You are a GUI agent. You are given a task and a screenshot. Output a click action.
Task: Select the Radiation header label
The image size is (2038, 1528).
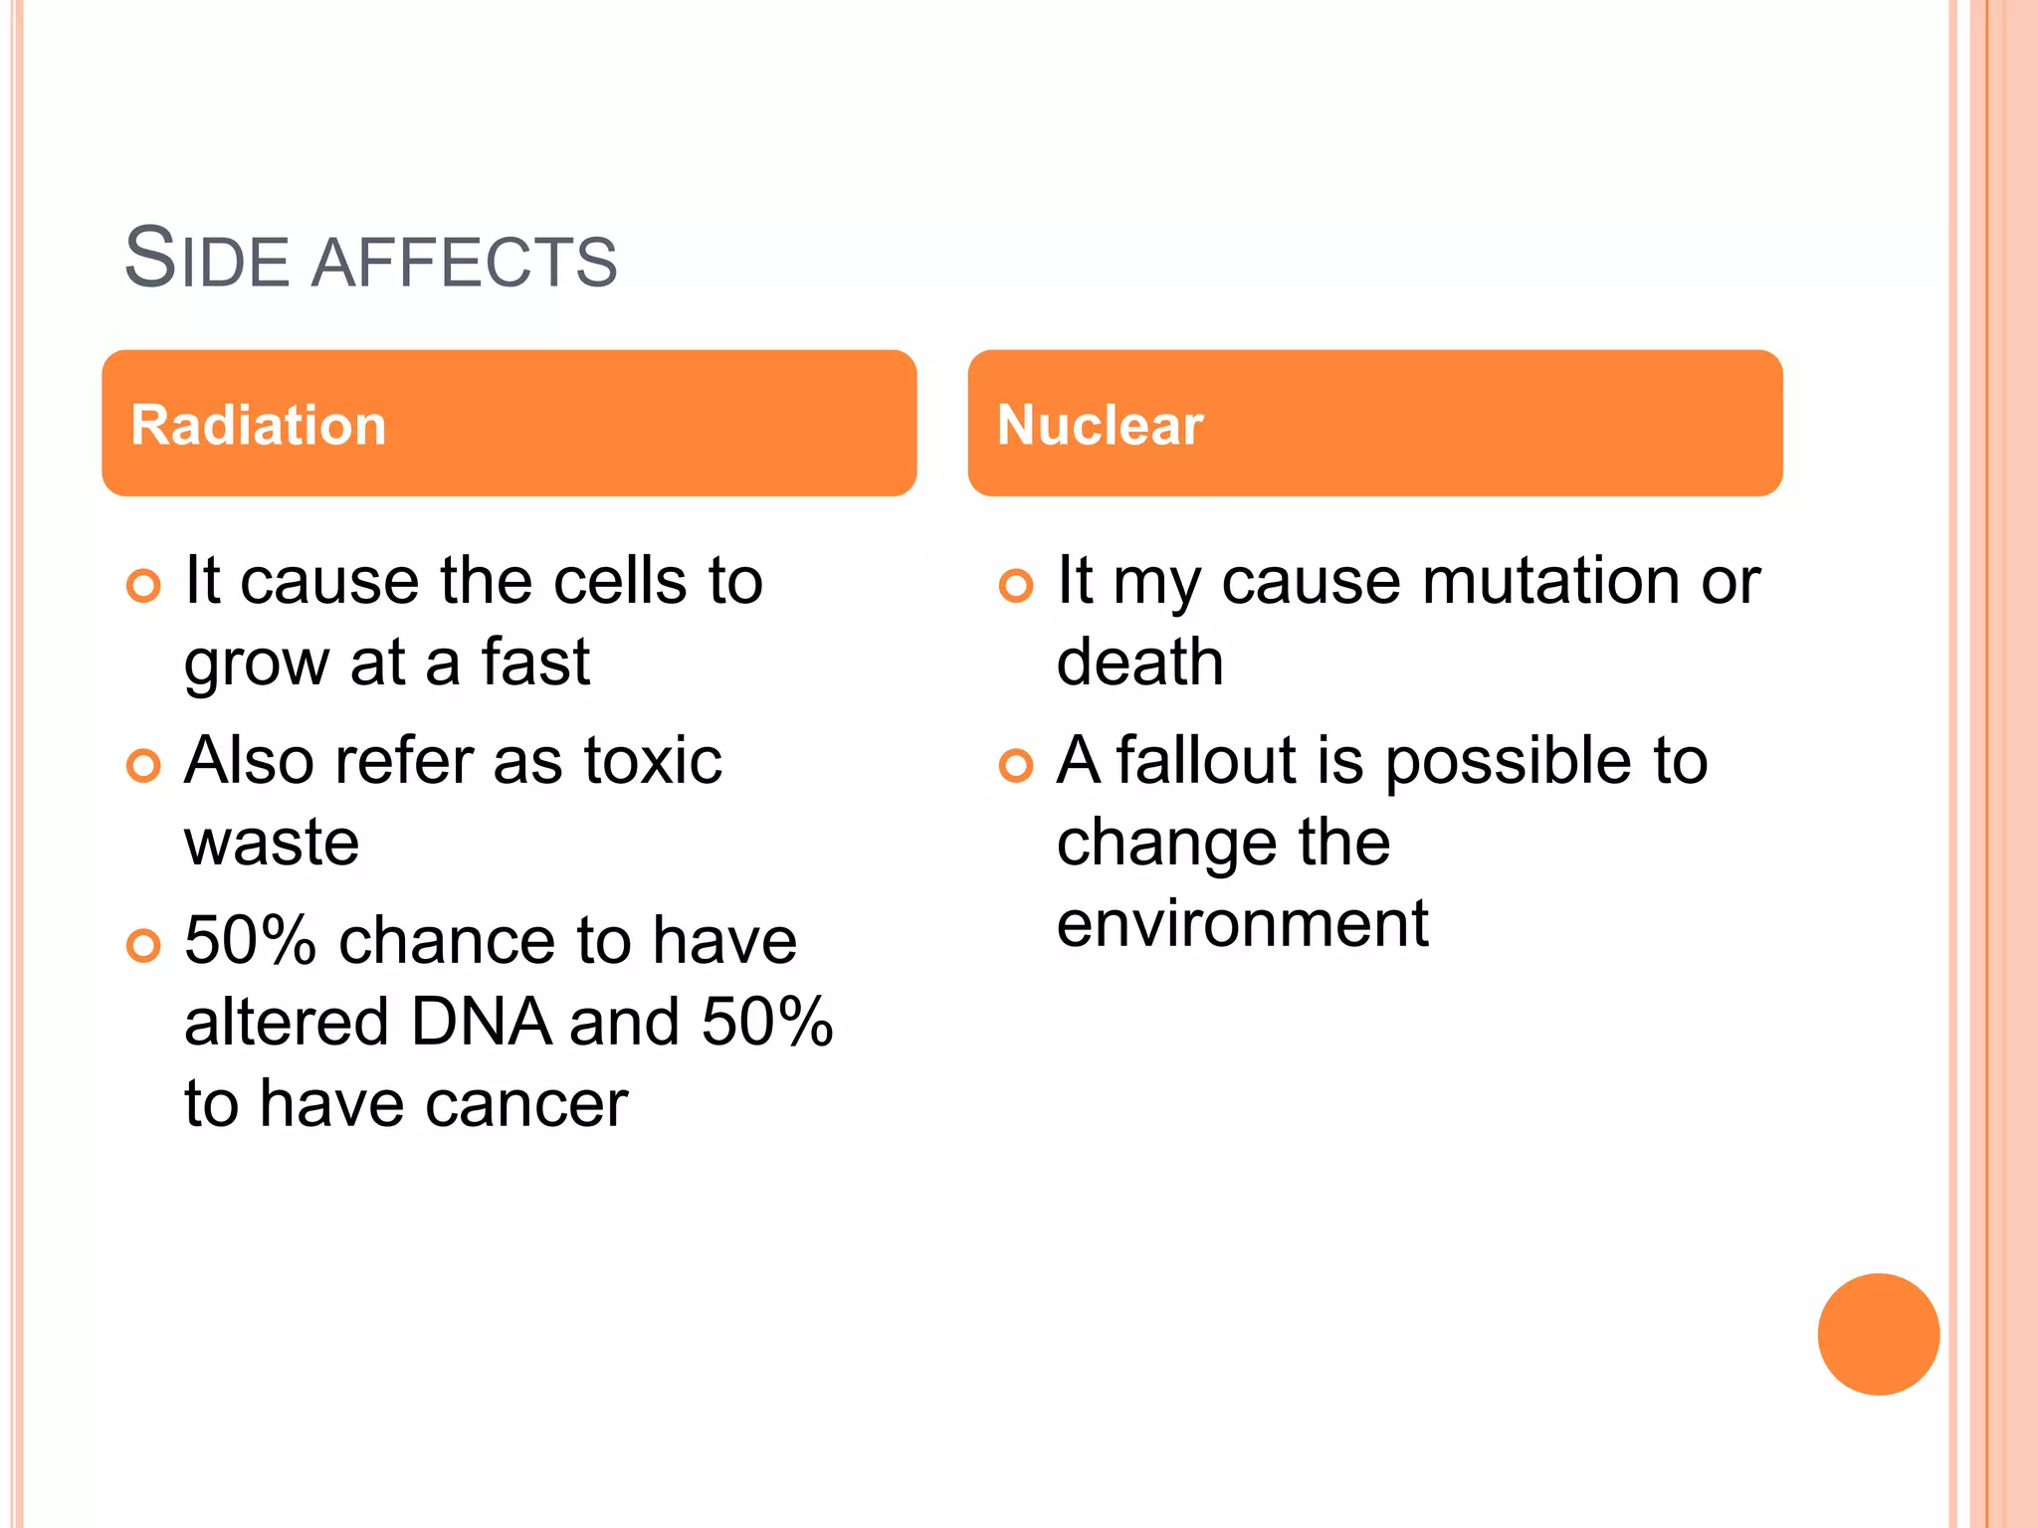click(x=258, y=425)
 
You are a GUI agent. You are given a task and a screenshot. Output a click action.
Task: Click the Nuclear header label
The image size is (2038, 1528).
click(x=1100, y=425)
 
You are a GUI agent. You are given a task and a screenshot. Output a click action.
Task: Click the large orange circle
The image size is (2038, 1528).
click(x=1878, y=1334)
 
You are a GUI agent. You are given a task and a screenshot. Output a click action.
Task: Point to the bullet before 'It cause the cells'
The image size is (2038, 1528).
click(x=143, y=585)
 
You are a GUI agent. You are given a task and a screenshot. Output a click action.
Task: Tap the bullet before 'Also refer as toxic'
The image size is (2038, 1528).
click(x=143, y=765)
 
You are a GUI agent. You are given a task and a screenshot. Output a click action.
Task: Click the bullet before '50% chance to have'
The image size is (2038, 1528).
click(x=143, y=945)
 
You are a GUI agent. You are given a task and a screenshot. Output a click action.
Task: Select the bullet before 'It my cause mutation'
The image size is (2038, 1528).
click(x=1015, y=585)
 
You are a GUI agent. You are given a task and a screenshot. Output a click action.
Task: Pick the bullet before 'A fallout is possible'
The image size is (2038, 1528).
click(x=1015, y=765)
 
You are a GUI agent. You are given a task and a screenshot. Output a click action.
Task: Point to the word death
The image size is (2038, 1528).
click(x=1139, y=663)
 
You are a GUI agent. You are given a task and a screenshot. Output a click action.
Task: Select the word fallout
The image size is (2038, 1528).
click(x=1207, y=761)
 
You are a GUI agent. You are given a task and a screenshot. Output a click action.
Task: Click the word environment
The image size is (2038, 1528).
click(x=1242, y=924)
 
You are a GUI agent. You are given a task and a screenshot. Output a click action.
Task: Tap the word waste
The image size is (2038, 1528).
click(x=272, y=843)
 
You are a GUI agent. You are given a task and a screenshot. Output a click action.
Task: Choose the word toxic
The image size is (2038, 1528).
click(x=652, y=761)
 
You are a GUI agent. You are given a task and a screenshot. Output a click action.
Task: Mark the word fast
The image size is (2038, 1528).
click(x=535, y=663)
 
